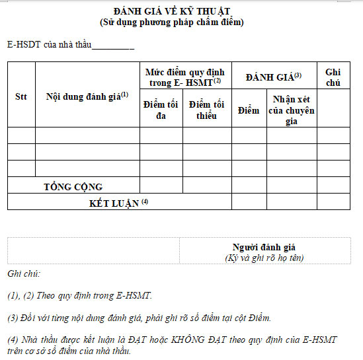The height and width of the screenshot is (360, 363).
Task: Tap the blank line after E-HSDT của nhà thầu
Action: click(x=113, y=46)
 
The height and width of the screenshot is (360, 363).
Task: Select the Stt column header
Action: click(x=21, y=96)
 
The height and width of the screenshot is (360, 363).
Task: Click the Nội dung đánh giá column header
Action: click(x=87, y=96)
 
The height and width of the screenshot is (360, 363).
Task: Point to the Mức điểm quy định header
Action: click(x=185, y=75)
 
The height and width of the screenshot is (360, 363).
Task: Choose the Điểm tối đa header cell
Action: click(x=161, y=110)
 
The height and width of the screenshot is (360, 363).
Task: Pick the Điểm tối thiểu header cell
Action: click(x=206, y=110)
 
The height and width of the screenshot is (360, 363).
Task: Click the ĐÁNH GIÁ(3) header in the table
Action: click(x=273, y=77)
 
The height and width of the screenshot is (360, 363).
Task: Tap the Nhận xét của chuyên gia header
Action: click(x=292, y=110)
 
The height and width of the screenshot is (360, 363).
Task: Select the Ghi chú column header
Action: click(x=333, y=77)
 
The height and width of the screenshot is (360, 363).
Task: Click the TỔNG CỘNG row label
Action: click(x=73, y=187)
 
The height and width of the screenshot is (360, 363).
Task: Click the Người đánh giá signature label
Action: click(x=264, y=246)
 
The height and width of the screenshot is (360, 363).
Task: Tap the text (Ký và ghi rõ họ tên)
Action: click(x=264, y=258)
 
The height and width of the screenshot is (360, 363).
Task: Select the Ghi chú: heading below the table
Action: click(x=24, y=273)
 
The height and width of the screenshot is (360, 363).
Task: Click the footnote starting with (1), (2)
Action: click(x=79, y=295)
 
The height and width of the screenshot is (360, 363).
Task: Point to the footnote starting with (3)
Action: click(x=139, y=318)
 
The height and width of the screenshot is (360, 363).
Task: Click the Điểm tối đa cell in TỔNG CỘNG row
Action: click(x=161, y=186)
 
